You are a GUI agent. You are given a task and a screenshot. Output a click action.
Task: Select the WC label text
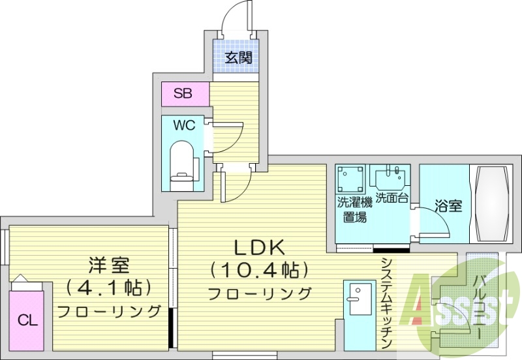coord(184,125)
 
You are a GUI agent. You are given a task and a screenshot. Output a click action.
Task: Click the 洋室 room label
coord(109,265)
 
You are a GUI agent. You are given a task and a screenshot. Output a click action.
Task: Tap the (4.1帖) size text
coord(109,286)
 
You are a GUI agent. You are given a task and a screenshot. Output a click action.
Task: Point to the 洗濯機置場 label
coord(352,209)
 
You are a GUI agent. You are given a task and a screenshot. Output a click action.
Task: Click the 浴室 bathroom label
coord(450,207)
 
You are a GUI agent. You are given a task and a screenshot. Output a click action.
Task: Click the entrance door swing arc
coord(234,16)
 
